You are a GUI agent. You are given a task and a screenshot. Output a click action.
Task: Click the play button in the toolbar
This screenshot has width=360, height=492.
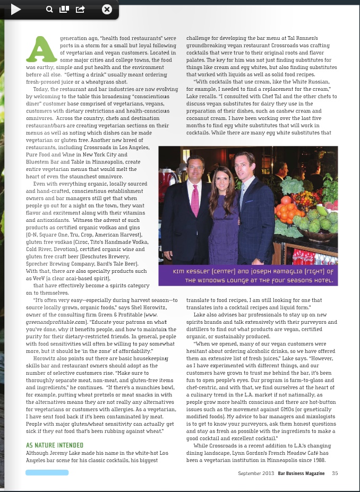[15, 9]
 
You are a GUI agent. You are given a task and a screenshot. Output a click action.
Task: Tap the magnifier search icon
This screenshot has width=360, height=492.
[49, 9]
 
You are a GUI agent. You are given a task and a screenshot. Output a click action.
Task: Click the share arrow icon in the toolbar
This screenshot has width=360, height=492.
[80, 9]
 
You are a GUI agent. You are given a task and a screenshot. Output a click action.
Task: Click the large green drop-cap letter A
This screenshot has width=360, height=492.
[41, 49]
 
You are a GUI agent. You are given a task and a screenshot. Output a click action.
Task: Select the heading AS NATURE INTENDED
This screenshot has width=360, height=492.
[55, 445]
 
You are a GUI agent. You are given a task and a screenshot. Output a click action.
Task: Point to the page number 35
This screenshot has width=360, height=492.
[335, 473]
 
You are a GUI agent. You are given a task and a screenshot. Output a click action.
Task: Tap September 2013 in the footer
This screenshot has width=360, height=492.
[256, 473]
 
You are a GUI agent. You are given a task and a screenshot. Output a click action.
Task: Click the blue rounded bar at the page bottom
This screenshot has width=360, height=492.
[47, 472]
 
